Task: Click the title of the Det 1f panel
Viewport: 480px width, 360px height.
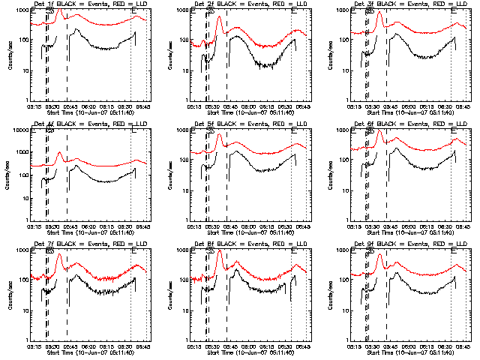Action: pos(83,5)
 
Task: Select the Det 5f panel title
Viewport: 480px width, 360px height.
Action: pos(244,125)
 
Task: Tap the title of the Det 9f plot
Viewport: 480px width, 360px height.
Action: pos(404,245)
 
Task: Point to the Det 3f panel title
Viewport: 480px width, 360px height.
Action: pos(404,5)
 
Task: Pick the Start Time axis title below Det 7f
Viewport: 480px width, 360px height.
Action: pos(83,352)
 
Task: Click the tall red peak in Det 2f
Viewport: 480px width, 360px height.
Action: pos(219,17)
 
